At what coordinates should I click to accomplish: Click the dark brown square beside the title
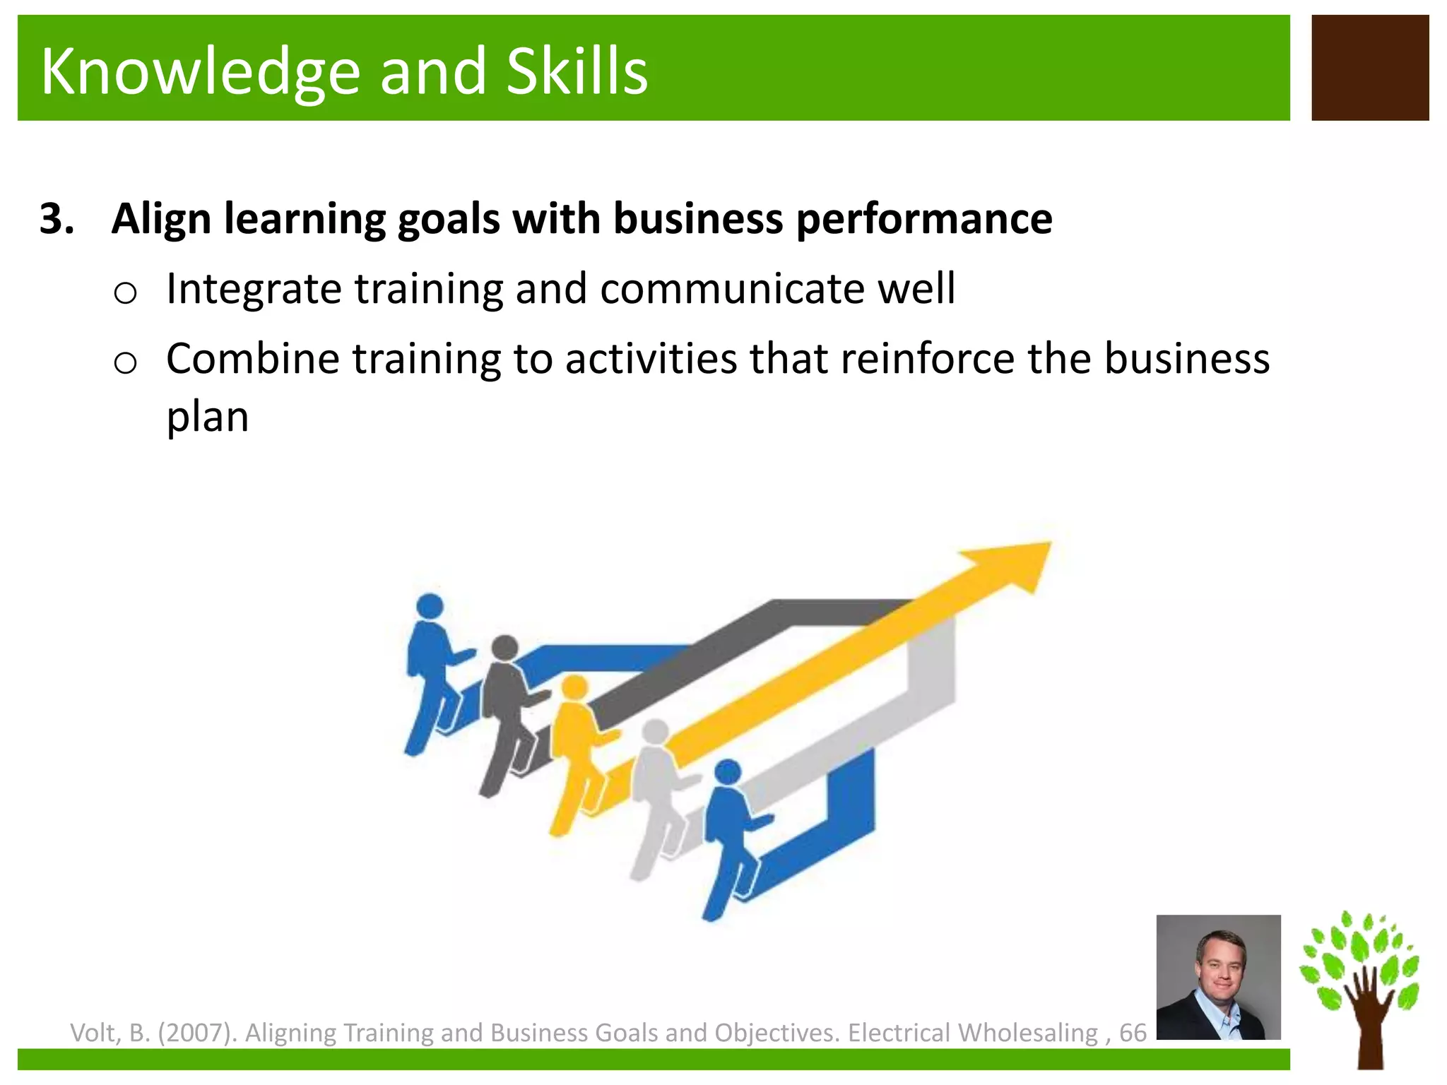point(1369,68)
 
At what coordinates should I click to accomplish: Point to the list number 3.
point(57,218)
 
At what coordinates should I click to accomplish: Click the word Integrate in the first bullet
point(253,290)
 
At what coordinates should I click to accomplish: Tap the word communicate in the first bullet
point(732,289)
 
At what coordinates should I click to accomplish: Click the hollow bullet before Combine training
point(125,363)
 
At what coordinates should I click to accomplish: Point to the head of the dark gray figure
point(504,647)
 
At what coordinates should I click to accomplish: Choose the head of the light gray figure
point(655,732)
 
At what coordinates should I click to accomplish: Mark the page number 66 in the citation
point(1133,1033)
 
